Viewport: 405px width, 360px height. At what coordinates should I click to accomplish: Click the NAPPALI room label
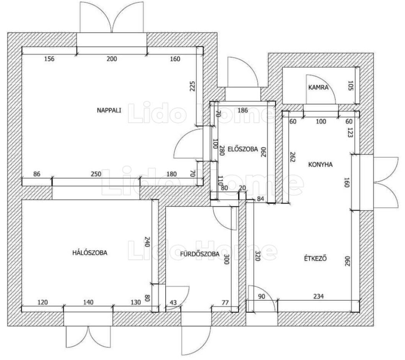[109, 111]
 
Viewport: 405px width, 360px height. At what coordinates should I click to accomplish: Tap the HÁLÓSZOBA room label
[90, 253]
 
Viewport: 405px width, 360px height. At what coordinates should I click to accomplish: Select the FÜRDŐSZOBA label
[200, 254]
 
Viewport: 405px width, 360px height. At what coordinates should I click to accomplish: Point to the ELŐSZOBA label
[243, 149]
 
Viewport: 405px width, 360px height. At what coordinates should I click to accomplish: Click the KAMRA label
[318, 87]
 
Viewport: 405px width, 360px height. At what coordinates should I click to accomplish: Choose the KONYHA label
[320, 164]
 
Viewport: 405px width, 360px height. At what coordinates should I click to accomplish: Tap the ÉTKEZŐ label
[315, 258]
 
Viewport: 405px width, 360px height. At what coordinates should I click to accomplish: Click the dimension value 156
[49, 59]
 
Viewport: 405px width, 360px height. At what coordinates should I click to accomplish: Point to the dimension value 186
[242, 111]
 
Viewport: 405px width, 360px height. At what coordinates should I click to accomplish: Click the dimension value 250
[96, 174]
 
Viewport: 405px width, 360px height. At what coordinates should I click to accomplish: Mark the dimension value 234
[318, 296]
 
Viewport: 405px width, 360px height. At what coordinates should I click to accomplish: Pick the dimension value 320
[257, 256]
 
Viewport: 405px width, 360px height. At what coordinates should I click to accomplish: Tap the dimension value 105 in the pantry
[350, 86]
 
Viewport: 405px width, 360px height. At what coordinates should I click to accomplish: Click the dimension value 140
[88, 302]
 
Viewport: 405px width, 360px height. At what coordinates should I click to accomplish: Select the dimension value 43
[173, 302]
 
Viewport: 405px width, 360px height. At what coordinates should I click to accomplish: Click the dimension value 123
[350, 132]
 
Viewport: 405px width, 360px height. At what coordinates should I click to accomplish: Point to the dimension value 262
[292, 156]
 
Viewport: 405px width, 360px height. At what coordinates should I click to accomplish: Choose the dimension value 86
[37, 174]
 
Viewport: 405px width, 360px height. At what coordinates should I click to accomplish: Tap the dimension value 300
[226, 259]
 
